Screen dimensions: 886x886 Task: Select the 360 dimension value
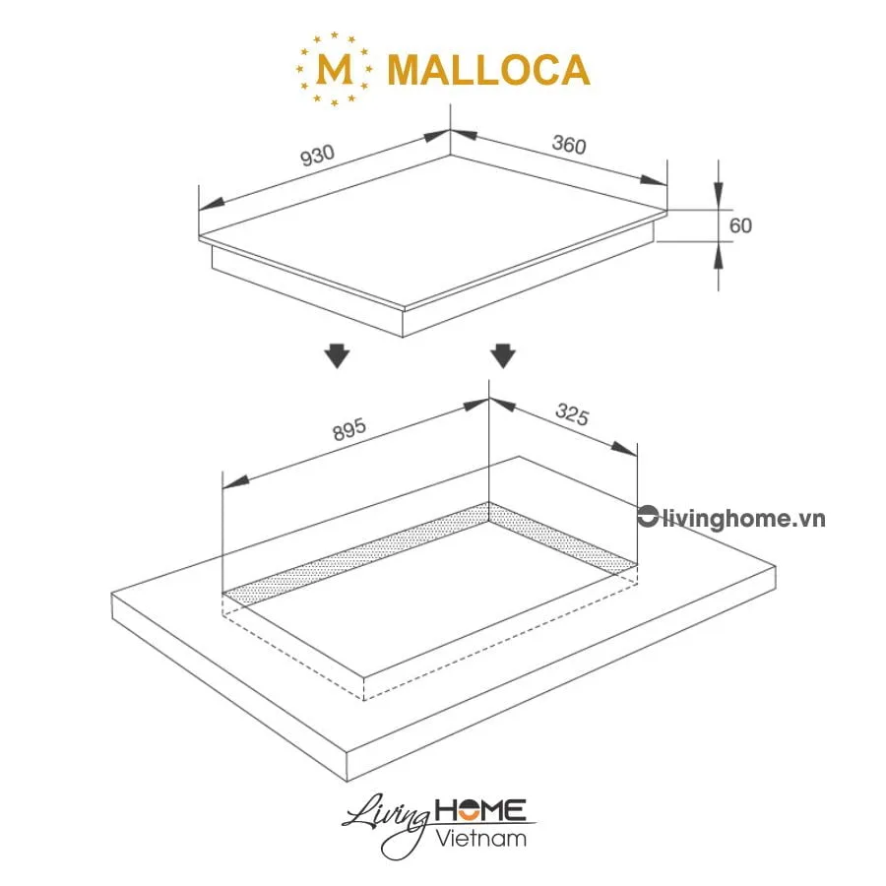[569, 145]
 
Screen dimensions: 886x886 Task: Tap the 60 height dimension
[740, 225]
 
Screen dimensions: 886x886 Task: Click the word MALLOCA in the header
[488, 69]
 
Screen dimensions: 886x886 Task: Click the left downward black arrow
[338, 355]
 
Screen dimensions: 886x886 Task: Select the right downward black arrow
[503, 355]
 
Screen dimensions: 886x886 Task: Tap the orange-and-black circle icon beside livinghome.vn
[647, 518]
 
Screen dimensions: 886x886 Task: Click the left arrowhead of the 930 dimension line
[211, 204]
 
